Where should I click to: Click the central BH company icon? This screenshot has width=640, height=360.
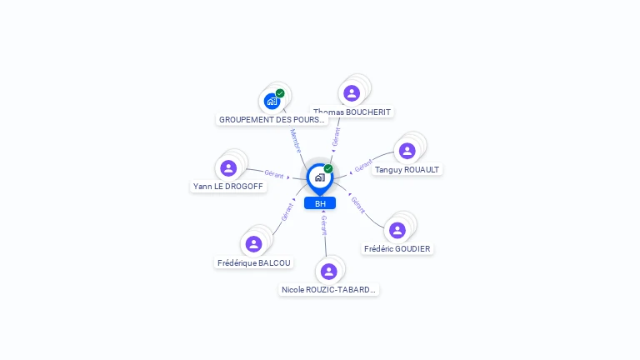(x=319, y=177)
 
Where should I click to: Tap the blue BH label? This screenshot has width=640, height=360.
(x=320, y=203)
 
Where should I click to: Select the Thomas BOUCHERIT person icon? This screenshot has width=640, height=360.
(x=352, y=93)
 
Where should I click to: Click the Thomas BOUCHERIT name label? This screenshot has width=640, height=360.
(x=352, y=112)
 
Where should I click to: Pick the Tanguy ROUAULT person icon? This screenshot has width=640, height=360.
(x=407, y=151)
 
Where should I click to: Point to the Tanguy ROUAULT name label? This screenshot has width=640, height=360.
(x=407, y=169)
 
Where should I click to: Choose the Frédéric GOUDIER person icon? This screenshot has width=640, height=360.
(x=397, y=230)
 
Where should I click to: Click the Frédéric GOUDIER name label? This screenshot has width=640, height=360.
(x=397, y=248)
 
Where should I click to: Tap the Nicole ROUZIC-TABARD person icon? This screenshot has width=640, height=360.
(x=328, y=271)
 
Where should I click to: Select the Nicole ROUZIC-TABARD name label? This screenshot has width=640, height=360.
(x=328, y=290)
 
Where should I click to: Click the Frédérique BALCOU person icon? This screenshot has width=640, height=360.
(x=254, y=244)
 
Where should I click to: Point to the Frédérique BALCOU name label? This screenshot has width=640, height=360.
(x=254, y=262)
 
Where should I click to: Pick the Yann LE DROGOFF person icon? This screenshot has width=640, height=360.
(x=228, y=168)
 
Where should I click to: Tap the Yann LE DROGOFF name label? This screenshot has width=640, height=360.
(x=228, y=187)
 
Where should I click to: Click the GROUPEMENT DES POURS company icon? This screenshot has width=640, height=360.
(x=272, y=101)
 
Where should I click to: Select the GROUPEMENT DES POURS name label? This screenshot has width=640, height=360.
(x=272, y=119)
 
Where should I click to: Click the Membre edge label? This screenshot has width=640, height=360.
(x=295, y=140)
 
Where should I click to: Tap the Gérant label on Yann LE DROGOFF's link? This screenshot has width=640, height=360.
(x=274, y=173)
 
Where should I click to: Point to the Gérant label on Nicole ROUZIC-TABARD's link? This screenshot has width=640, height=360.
(x=324, y=225)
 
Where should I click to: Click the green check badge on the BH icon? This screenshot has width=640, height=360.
(x=328, y=168)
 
